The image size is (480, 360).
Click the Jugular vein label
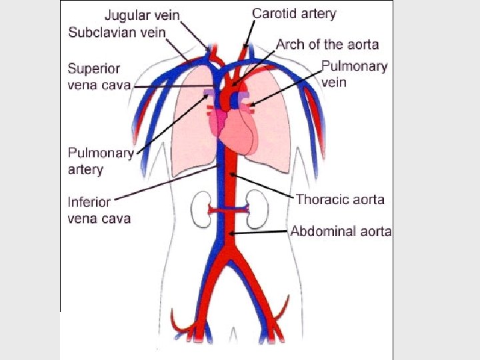point(141,15)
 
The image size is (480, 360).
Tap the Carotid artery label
point(294,13)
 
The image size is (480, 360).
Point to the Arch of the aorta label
point(327,45)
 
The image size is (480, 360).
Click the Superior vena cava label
point(99,77)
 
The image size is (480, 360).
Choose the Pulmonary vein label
point(354,74)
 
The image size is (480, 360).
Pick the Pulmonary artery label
point(101,161)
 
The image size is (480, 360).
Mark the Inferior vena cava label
point(99,209)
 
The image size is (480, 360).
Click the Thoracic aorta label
point(340,199)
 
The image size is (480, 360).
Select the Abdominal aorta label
point(341,231)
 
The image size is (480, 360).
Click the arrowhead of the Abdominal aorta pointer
point(231,233)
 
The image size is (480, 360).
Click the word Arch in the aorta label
point(291,45)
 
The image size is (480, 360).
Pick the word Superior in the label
point(93,69)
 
